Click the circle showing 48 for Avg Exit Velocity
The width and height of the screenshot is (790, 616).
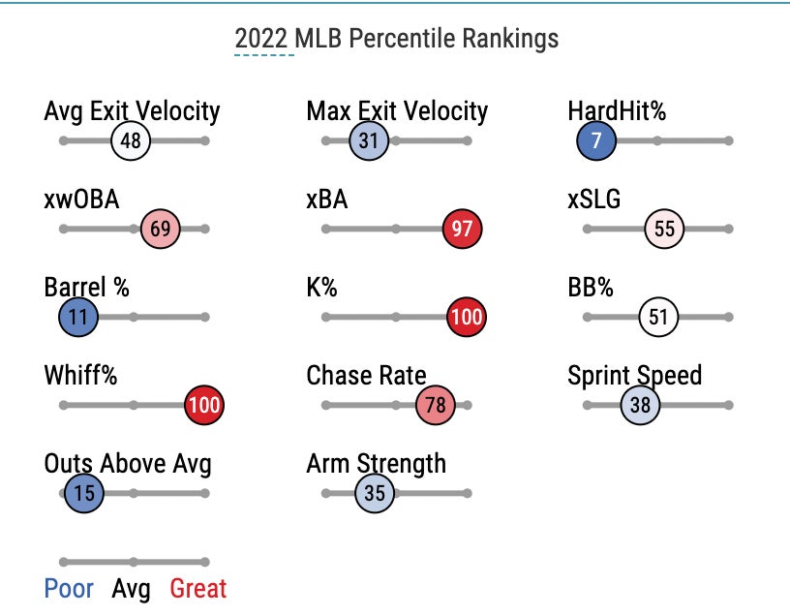point(131,140)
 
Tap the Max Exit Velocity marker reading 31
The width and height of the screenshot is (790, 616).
point(368,140)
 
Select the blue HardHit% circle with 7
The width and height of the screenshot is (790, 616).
point(596,140)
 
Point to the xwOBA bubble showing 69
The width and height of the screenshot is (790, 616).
point(160,230)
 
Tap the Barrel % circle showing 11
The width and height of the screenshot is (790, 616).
point(78,317)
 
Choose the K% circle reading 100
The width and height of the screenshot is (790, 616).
point(466,317)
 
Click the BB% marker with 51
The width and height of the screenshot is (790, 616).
point(658,317)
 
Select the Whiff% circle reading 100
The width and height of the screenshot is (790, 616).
point(203,405)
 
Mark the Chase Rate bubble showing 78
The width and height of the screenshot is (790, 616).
point(436,405)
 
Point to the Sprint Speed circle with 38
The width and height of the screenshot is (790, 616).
point(640,405)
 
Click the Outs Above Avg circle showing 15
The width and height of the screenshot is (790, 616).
point(84,493)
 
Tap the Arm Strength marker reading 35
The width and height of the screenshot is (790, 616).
point(375,493)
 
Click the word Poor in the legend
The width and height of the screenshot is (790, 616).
point(69,588)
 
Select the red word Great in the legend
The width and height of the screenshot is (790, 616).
point(197,588)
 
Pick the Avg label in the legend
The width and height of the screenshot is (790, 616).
point(132,588)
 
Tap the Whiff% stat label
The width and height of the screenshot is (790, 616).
point(80,376)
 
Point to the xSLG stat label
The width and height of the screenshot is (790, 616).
point(594,200)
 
